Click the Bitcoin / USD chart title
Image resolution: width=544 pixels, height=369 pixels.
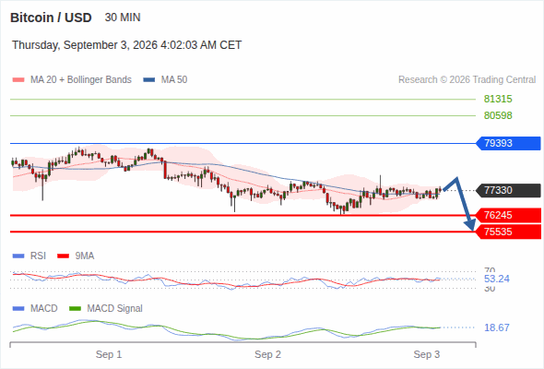tap(51, 18)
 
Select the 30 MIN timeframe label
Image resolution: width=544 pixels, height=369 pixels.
tap(123, 18)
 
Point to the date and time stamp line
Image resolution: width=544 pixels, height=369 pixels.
tap(127, 45)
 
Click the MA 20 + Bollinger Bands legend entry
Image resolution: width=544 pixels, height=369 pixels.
tap(72, 80)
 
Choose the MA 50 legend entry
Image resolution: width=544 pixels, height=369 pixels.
tap(165, 80)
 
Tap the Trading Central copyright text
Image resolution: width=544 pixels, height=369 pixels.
tap(467, 80)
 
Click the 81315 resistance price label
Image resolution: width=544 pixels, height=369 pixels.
tap(498, 100)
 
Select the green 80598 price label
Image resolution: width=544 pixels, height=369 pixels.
tap(498, 115)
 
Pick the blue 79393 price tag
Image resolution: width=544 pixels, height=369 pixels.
tap(508, 143)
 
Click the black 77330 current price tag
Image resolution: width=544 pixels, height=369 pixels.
tap(508, 190)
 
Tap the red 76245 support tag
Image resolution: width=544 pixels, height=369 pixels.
tap(508, 215)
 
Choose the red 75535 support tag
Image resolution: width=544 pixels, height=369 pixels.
tap(508, 232)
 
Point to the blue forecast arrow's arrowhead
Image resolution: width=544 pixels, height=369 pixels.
tap(471, 225)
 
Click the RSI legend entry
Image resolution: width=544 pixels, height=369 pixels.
tap(30, 256)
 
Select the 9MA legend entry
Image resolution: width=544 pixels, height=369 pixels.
tap(76, 256)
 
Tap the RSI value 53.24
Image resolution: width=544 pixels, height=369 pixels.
tap(497, 279)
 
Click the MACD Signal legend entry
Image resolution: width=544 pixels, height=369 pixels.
tap(106, 309)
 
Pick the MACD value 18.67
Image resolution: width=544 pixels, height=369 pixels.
tap(497, 327)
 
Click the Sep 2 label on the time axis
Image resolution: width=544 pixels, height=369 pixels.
tap(267, 354)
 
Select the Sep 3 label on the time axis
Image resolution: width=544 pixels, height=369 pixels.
tap(427, 354)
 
